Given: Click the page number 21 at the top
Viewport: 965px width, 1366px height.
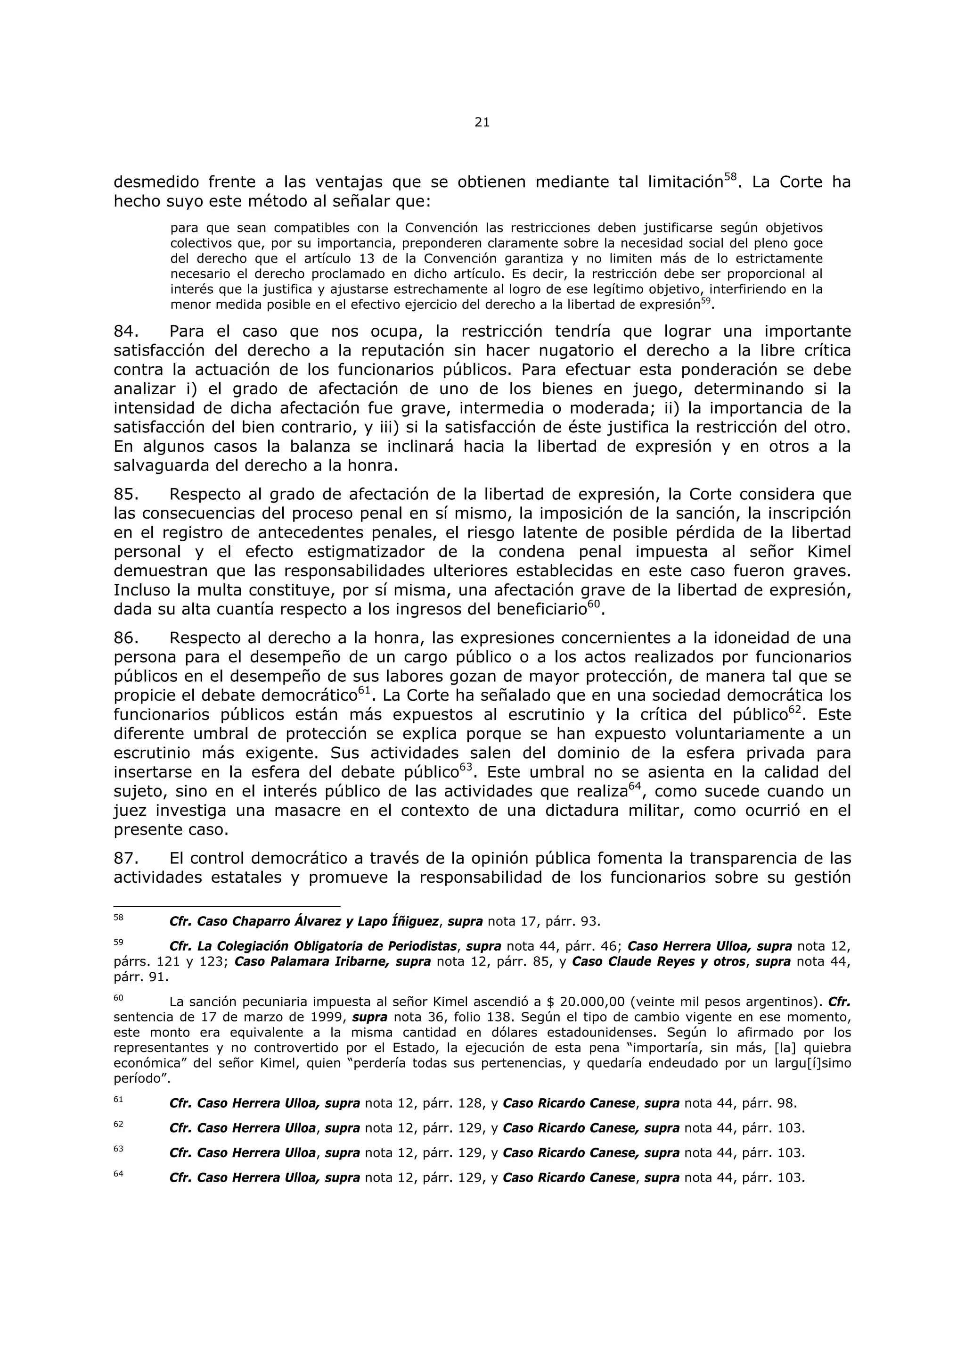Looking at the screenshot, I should click(482, 123).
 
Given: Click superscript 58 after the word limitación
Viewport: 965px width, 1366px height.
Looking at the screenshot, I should click(731, 177).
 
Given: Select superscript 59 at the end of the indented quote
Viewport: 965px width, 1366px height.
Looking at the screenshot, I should click(706, 301).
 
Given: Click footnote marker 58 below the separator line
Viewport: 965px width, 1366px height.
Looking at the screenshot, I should click(118, 918).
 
